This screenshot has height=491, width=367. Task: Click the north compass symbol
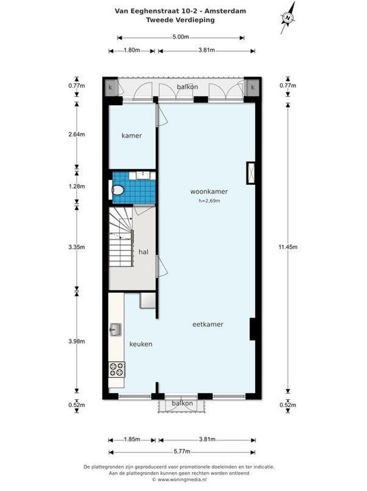point(287,18)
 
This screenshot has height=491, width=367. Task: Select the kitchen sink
point(116,330)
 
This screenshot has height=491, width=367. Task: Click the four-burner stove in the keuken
point(117,369)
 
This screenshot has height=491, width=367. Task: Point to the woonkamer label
point(209,192)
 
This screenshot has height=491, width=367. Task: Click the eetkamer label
point(208,324)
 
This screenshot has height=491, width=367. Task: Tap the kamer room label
point(132,135)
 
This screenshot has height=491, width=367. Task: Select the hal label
point(143,252)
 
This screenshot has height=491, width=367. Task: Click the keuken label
point(141,344)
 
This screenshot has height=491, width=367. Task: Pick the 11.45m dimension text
point(288,247)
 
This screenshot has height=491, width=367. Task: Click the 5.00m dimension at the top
point(180,37)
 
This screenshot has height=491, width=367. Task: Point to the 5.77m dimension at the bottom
point(182,452)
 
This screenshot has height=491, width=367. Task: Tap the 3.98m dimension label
point(76,342)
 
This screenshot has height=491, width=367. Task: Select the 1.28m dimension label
point(76,186)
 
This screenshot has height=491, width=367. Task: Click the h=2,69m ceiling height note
point(209,201)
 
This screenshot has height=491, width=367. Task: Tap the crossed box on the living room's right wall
point(251,173)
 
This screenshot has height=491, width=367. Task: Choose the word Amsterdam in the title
point(225,11)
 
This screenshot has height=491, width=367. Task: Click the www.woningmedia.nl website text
point(182,479)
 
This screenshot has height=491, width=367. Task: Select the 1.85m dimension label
point(132,439)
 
